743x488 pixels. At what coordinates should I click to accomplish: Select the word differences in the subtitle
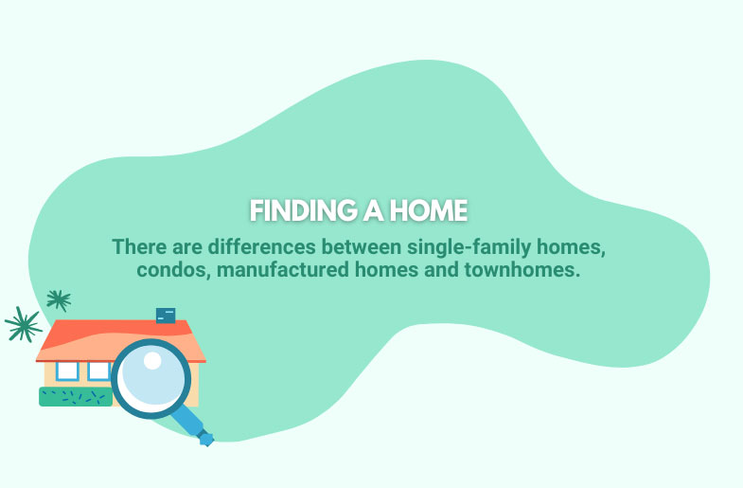coord(261,246)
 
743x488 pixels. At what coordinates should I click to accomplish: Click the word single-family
coord(469,247)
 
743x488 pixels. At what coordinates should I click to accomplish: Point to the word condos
coord(173,270)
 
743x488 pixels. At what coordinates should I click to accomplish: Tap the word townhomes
coord(522,269)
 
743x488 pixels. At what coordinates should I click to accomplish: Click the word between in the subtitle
coord(362,246)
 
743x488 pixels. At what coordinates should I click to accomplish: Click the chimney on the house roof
coord(166,316)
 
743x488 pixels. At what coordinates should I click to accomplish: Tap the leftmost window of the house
coord(67,371)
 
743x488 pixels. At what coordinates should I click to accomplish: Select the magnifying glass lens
coord(151,378)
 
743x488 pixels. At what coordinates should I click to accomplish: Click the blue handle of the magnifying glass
coord(192,426)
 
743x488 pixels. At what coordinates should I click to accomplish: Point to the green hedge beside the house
coord(76,397)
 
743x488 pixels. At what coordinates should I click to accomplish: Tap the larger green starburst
coord(23,324)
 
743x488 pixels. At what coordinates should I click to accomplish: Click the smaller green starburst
coord(59,300)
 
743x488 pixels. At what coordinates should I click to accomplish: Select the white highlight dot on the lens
coord(152,360)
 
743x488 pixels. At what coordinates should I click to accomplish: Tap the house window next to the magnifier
coord(98,371)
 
